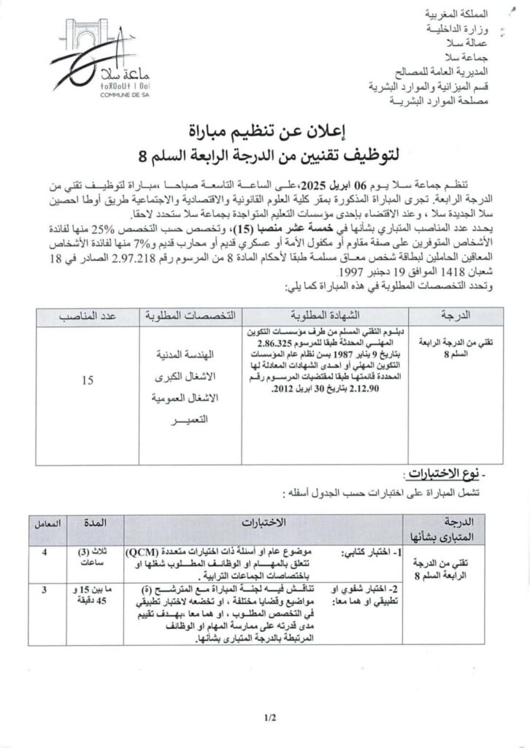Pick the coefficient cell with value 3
(x=45, y=588)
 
